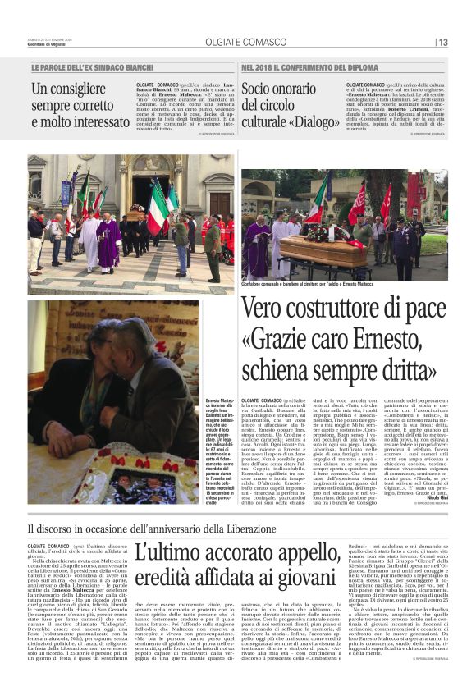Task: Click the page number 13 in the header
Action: (442, 43)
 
